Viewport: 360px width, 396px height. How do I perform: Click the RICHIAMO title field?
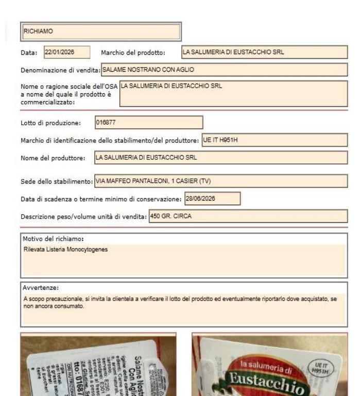(x=100, y=31)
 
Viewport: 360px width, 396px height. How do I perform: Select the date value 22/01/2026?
(x=66, y=52)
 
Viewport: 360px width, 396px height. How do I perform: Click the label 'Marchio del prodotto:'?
(x=133, y=53)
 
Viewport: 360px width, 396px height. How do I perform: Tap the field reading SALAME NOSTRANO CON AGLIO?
(x=224, y=70)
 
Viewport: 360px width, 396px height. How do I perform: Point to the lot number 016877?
(x=149, y=123)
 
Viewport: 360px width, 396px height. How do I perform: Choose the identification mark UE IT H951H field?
(x=274, y=140)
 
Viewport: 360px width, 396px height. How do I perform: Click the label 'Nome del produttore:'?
(x=53, y=158)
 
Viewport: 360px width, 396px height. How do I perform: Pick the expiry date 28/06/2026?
(x=212, y=199)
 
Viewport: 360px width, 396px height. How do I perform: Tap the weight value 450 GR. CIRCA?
(x=248, y=217)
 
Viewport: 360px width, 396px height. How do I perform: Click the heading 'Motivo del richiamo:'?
(x=53, y=239)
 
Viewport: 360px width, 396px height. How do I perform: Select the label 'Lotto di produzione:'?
(x=50, y=123)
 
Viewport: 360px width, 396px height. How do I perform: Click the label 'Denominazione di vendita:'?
(x=60, y=70)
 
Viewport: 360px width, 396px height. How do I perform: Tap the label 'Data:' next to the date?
(x=29, y=53)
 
